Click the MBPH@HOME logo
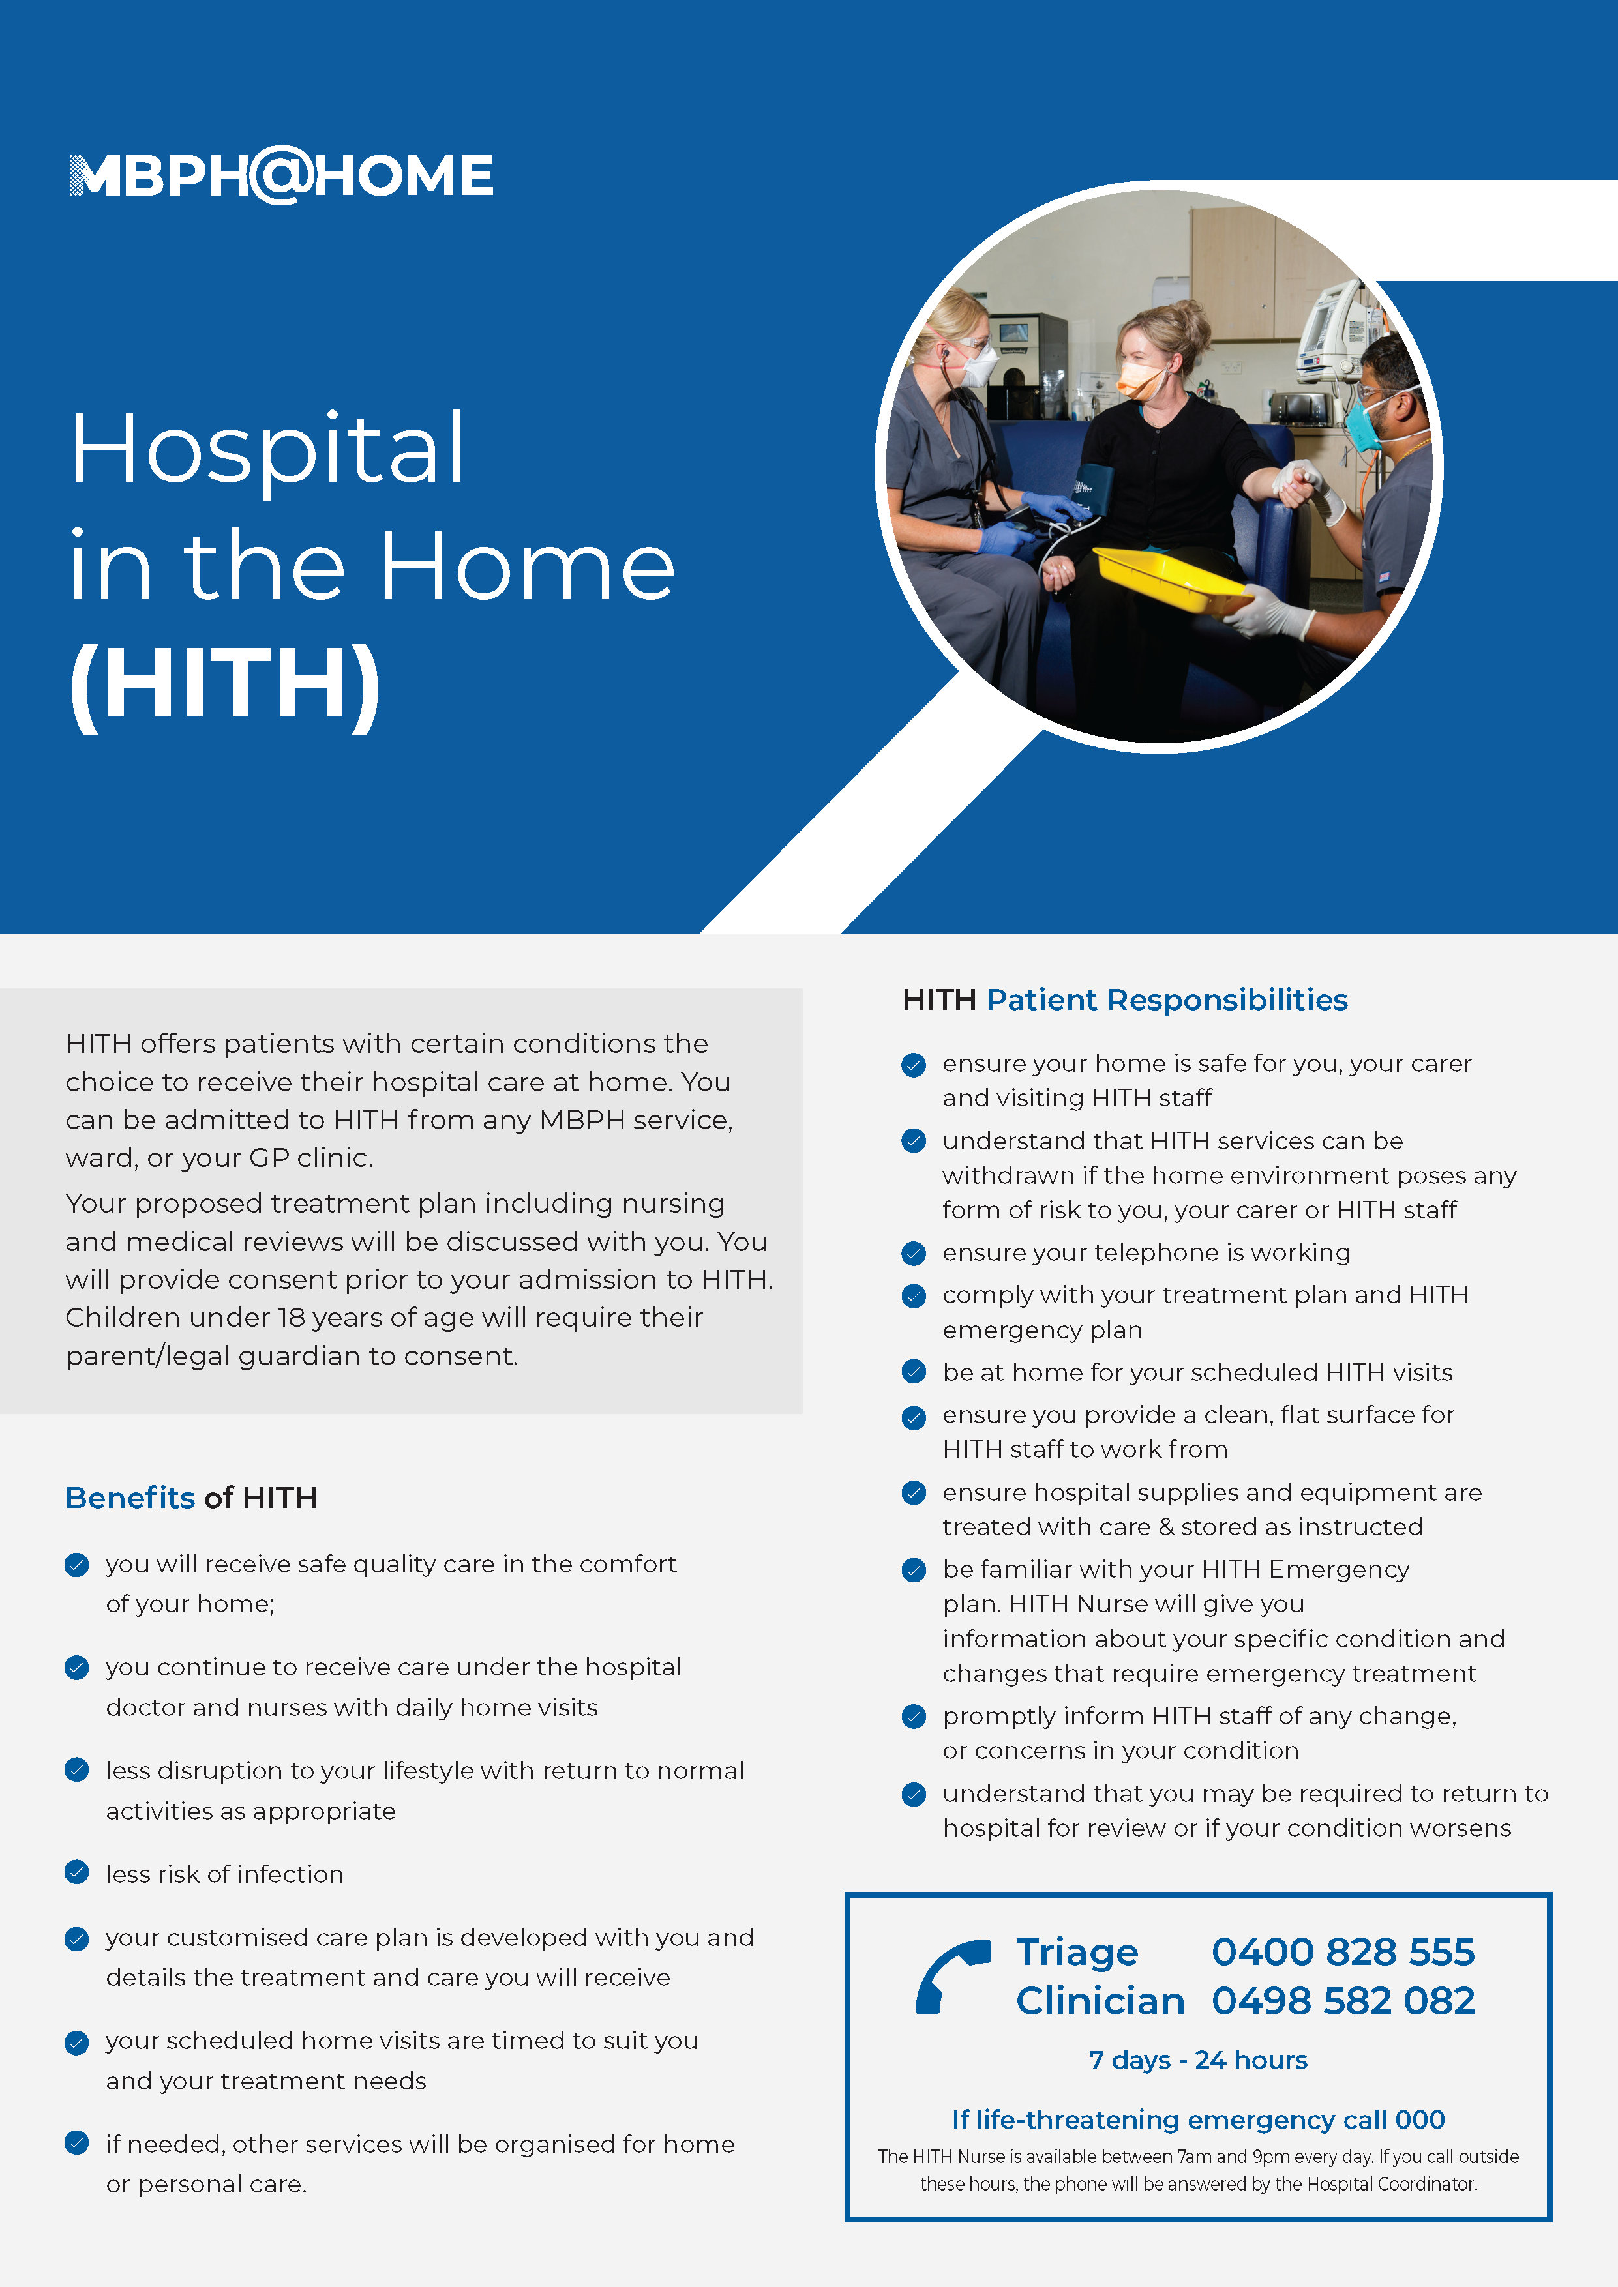point(281,175)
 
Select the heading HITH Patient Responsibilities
point(1125,1000)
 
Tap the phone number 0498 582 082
point(1343,2000)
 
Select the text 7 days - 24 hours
point(1197,2060)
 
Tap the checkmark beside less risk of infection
point(77,1872)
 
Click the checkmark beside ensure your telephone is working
point(914,1253)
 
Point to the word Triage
point(1077,1953)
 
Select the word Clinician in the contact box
point(1101,2000)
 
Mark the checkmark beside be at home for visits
point(914,1372)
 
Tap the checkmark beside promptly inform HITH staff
point(914,1717)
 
